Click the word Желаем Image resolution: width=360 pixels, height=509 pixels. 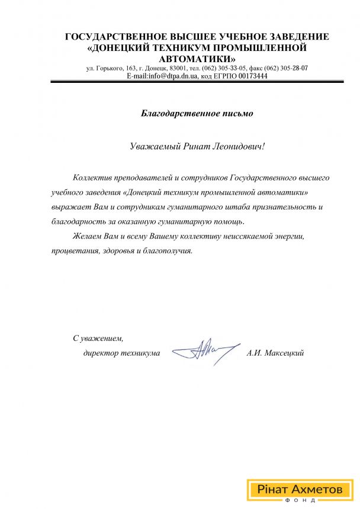click(86, 237)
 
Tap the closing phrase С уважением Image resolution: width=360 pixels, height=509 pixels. click(98, 339)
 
